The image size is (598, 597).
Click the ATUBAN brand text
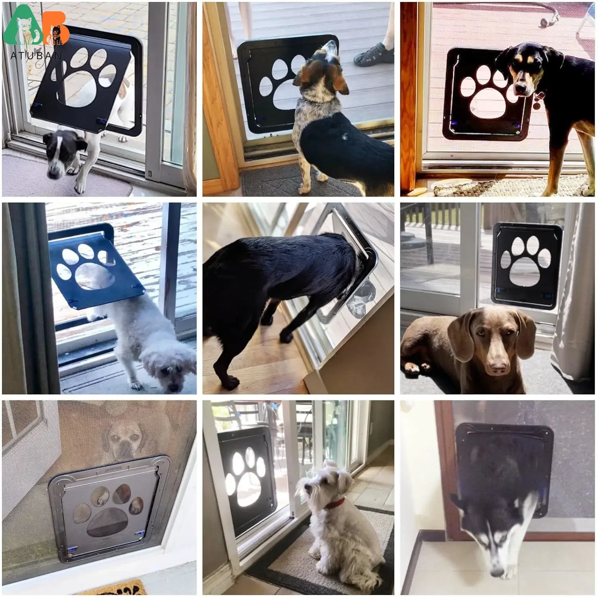[x=36, y=55]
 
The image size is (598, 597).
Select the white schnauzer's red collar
[x=335, y=504]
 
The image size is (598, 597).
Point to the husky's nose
[x=497, y=571]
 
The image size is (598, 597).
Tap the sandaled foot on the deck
[x=372, y=55]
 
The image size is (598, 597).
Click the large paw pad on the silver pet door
[x=108, y=522]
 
